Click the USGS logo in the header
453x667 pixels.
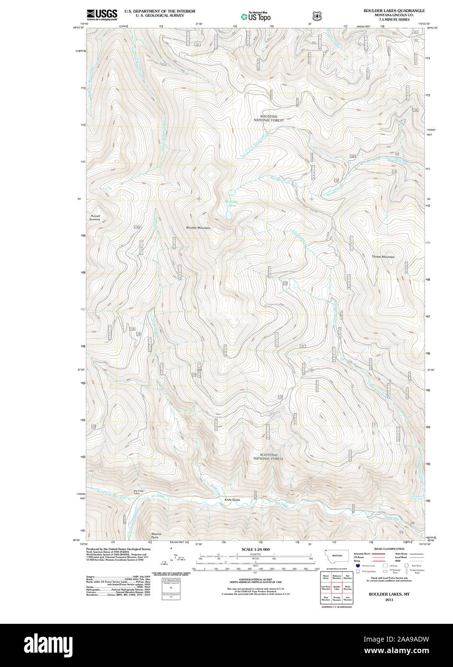[102, 15]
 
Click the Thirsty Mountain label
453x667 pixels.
[383, 257]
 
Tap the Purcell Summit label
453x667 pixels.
[95, 217]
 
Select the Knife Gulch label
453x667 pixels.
[232, 500]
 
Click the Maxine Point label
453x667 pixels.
[156, 535]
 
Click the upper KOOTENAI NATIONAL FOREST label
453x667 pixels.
[268, 118]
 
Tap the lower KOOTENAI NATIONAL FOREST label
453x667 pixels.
[268, 456]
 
